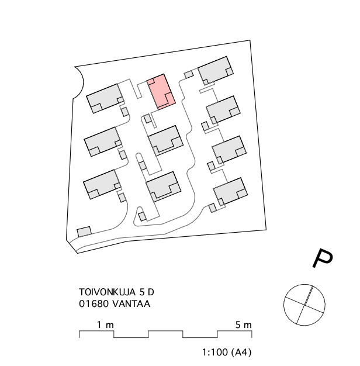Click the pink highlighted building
(161, 91)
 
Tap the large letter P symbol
(323, 258)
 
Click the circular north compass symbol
(304, 305)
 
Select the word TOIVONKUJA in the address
(107, 292)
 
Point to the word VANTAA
(131, 303)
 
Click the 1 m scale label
(105, 324)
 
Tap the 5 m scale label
(243, 324)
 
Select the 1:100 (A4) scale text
(227, 352)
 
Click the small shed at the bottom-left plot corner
(84, 232)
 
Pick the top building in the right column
(216, 71)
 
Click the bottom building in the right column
(230, 192)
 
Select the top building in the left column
(105, 98)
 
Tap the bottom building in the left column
(102, 184)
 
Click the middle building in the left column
(103, 141)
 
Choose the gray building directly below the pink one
(165, 141)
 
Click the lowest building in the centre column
(163, 187)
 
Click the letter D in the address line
(151, 292)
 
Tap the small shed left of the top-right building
(189, 75)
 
